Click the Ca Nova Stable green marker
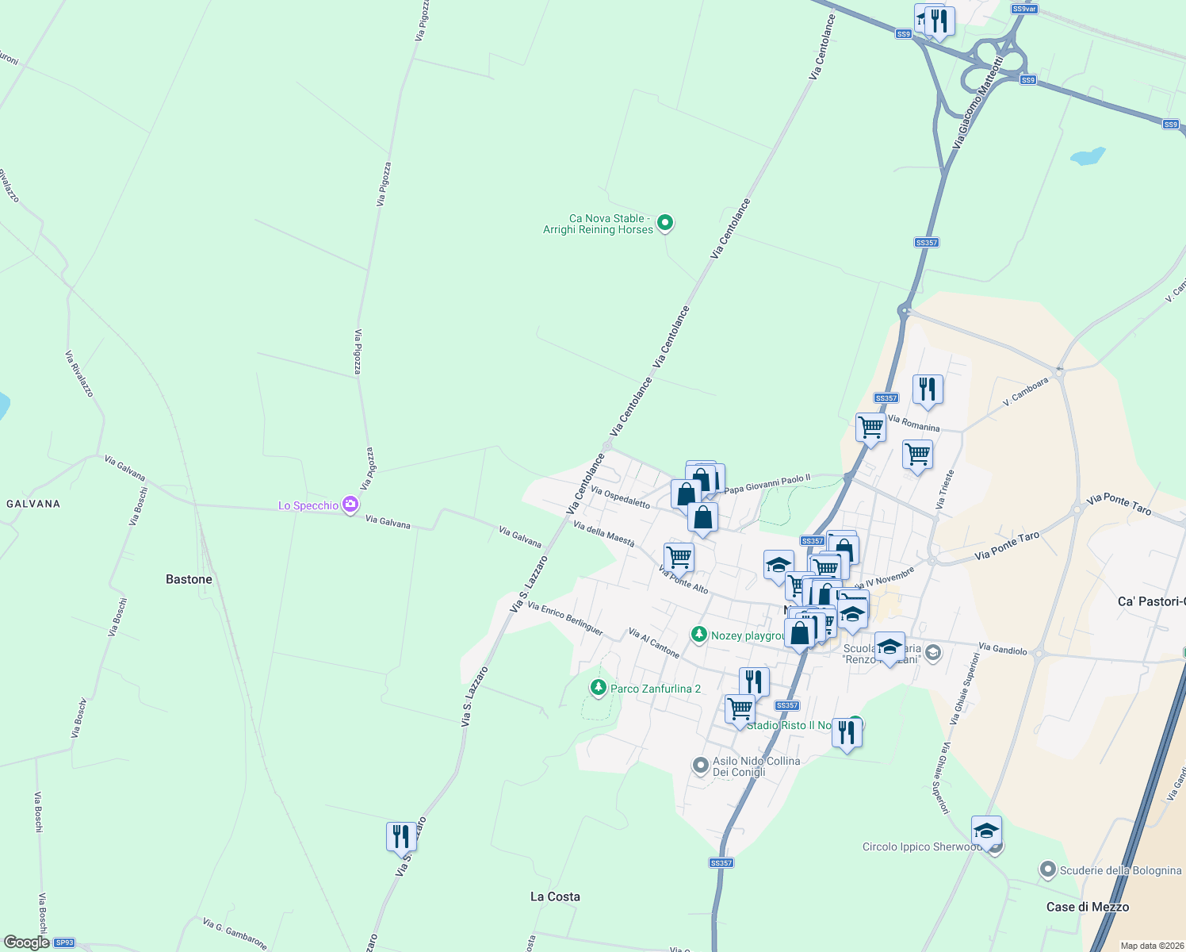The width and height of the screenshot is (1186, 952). tap(666, 223)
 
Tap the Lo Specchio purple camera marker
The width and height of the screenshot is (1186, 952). tap(350, 505)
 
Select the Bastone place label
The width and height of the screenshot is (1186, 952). tap(189, 579)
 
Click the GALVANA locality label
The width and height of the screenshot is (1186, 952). tap(33, 504)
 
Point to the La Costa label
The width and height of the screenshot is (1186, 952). tap(555, 896)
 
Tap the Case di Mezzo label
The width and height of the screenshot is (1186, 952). tap(1087, 907)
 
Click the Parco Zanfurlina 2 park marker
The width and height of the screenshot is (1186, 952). tap(599, 688)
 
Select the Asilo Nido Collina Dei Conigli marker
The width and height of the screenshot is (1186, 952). tap(700, 766)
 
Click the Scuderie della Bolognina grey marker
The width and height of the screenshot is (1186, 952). tap(1047, 870)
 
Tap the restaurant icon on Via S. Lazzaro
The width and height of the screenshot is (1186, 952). tap(401, 836)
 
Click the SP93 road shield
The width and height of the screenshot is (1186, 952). tap(64, 942)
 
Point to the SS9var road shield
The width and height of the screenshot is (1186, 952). tap(1024, 9)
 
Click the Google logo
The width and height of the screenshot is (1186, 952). tap(26, 942)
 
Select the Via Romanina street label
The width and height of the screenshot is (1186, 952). tap(913, 424)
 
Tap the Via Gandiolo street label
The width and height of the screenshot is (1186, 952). tap(1002, 649)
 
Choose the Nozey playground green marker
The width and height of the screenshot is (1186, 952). tap(699, 635)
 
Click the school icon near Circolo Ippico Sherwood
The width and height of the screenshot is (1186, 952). tap(986, 831)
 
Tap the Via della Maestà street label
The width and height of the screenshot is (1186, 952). tap(603, 534)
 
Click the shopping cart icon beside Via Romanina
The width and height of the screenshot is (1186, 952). tap(870, 428)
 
